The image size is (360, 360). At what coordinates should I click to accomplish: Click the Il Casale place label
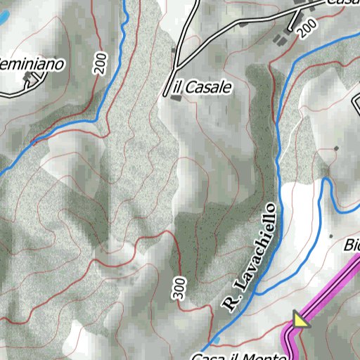click(x=202, y=87)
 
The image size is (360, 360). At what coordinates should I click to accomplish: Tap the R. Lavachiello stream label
click(x=250, y=257)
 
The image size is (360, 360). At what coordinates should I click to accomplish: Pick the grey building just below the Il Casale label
click(x=174, y=98)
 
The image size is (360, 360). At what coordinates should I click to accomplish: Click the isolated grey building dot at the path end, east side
click(x=336, y=148)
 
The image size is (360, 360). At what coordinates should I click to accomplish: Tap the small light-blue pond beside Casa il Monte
click(x=217, y=340)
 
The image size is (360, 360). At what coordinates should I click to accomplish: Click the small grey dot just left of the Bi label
click(x=330, y=236)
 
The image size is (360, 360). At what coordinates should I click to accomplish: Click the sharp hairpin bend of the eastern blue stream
click(x=327, y=181)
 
